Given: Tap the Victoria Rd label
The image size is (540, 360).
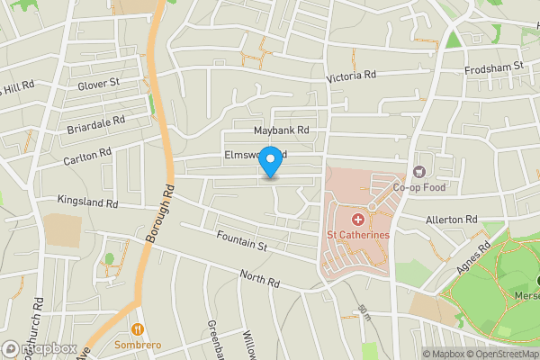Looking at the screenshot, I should pyautogui.click(x=352, y=76).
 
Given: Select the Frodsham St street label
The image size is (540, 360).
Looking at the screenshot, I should pyautogui.click(x=494, y=67).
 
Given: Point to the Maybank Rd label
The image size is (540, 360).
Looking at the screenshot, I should pyautogui.click(x=281, y=130).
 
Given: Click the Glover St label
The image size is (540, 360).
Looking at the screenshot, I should pyautogui.click(x=99, y=84).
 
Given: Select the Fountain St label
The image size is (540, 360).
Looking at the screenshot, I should pyautogui.click(x=242, y=240).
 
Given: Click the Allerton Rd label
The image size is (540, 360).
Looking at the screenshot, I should pyautogui.click(x=452, y=220).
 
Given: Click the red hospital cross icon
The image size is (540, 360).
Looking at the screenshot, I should pyautogui.click(x=357, y=220).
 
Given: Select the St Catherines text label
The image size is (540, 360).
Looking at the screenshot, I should pyautogui.click(x=357, y=236).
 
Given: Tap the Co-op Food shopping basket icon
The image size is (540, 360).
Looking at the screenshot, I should pyautogui.click(x=418, y=172).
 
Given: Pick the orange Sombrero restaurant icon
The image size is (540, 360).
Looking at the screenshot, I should pyautogui.click(x=138, y=328).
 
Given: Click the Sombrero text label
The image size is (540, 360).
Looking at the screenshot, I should pyautogui.click(x=138, y=345).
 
